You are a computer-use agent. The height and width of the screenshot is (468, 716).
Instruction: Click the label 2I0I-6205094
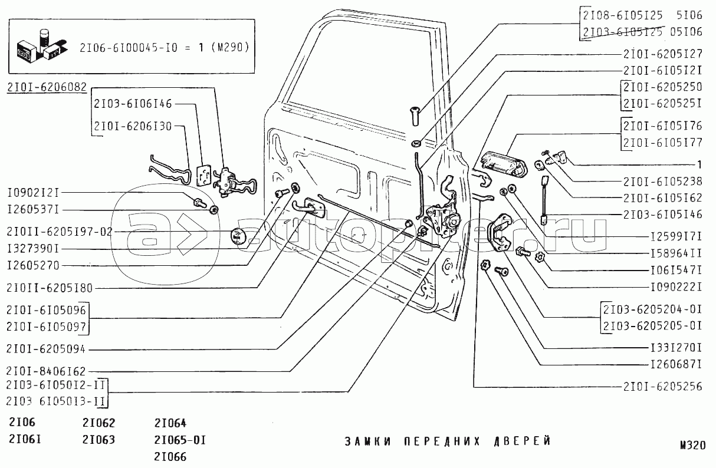pos(47,349)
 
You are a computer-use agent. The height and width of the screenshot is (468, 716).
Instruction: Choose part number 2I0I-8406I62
pos(47,371)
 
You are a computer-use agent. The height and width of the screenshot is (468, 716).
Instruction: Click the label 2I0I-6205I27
pos(662,54)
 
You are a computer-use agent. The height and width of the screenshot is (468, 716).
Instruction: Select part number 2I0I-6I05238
pos(662,182)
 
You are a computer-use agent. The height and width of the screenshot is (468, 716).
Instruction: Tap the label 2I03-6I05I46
pos(662,215)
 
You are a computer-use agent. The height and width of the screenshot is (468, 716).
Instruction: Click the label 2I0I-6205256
pos(662,387)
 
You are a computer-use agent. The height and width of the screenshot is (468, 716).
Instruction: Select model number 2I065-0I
pos(172,440)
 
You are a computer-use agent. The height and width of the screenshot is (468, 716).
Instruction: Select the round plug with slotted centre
pos(239,236)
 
